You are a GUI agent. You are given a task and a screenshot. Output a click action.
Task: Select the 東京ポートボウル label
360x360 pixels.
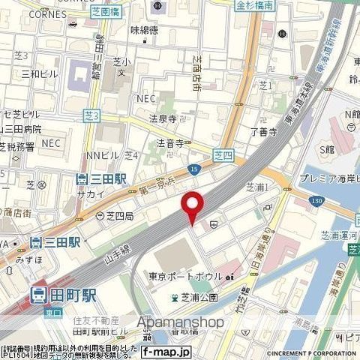(185, 276)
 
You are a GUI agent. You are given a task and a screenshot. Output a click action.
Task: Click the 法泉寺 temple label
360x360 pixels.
(162, 118)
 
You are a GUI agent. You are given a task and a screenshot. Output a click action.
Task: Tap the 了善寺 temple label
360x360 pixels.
(263, 132)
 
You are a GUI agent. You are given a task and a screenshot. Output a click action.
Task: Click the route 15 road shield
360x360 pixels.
(193, 170)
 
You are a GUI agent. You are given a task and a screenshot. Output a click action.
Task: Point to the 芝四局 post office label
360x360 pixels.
(118, 215)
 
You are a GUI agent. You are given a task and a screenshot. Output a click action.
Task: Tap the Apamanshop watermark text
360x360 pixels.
(180, 322)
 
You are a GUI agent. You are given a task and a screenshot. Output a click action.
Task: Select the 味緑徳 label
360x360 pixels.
(145, 31)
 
